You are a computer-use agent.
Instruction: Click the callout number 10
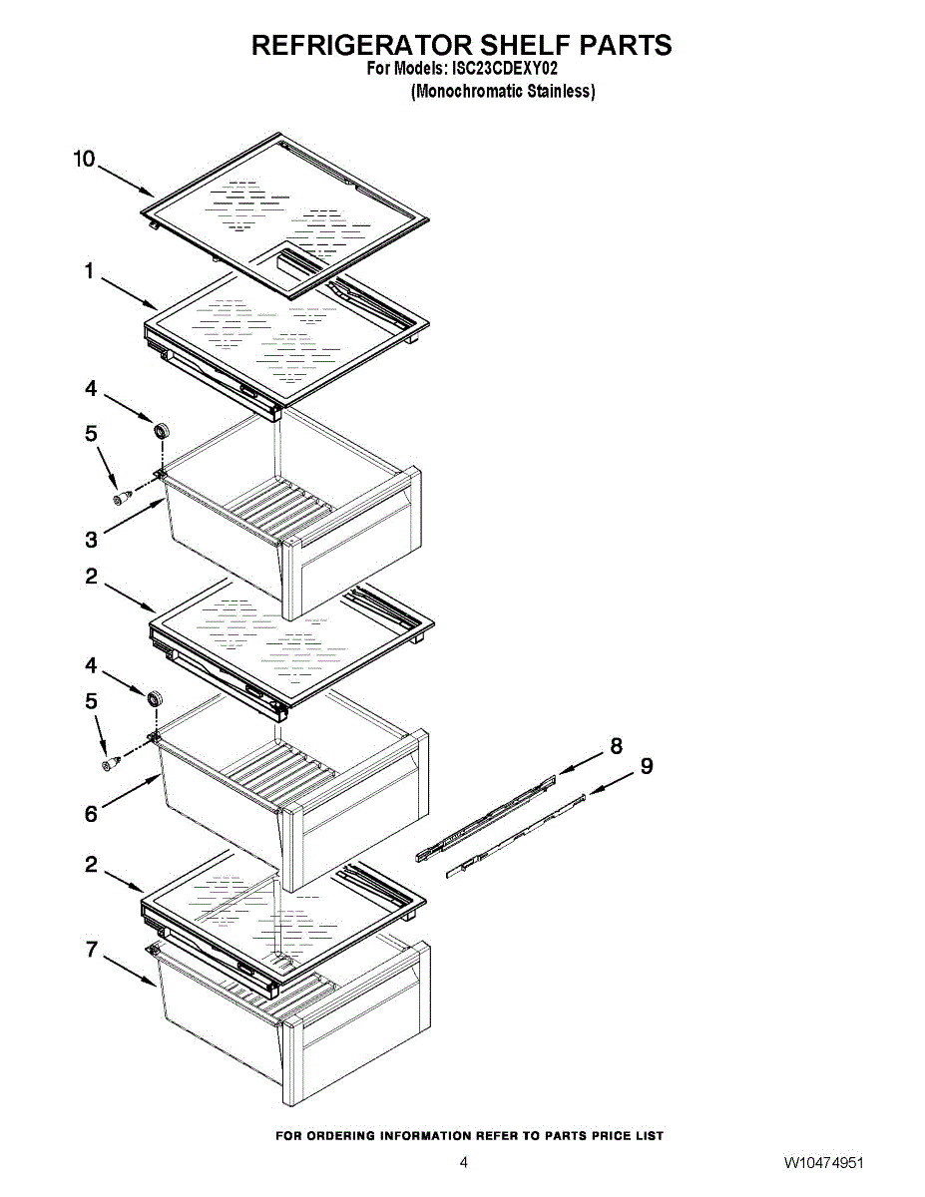tap(84, 160)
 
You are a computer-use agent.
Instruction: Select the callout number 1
tap(89, 271)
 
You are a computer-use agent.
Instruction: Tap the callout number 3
tap(92, 540)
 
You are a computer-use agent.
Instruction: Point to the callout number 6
tap(92, 814)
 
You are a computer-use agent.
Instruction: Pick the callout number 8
tap(617, 746)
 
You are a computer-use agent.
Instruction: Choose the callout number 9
tap(647, 766)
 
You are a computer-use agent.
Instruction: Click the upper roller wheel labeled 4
tap(161, 431)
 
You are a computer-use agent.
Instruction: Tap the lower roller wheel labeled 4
tap(155, 699)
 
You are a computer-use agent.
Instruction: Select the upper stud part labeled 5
tap(122, 497)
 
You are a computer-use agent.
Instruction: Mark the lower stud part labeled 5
tap(111, 763)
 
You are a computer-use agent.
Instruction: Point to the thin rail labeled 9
tap(515, 835)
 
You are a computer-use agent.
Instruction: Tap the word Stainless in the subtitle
tap(561, 91)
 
